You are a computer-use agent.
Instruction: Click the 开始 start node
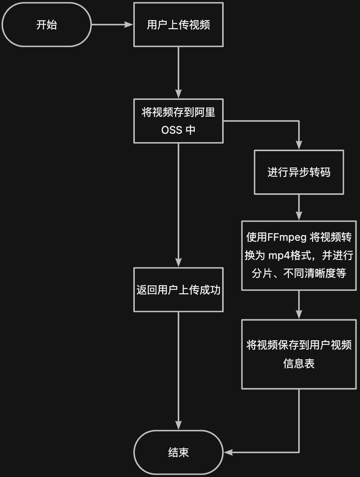click(47, 25)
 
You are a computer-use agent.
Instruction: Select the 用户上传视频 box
click(178, 25)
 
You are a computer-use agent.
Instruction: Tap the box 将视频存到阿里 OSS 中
click(178, 121)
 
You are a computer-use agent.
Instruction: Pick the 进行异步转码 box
click(299, 172)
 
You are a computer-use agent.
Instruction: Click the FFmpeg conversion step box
click(299, 255)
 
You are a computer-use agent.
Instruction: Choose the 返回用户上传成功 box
click(178, 290)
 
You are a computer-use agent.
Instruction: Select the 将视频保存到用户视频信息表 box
click(299, 354)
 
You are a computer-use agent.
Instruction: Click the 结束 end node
click(178, 452)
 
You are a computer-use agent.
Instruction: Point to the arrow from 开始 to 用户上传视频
click(112, 25)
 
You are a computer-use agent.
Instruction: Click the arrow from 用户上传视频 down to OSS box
click(178, 72)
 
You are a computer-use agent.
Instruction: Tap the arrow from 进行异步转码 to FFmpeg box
click(299, 207)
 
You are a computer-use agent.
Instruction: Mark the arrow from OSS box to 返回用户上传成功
click(178, 205)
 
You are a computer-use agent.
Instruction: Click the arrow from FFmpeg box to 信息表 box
click(299, 305)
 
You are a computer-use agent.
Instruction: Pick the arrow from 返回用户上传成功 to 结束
click(178, 370)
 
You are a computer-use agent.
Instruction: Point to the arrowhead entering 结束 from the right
click(228, 452)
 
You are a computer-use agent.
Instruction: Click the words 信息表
click(299, 363)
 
